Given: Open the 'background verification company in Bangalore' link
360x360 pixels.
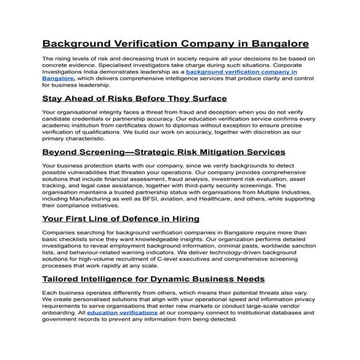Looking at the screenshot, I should click(241, 73).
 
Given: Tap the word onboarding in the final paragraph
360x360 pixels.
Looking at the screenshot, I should click(61, 313).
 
